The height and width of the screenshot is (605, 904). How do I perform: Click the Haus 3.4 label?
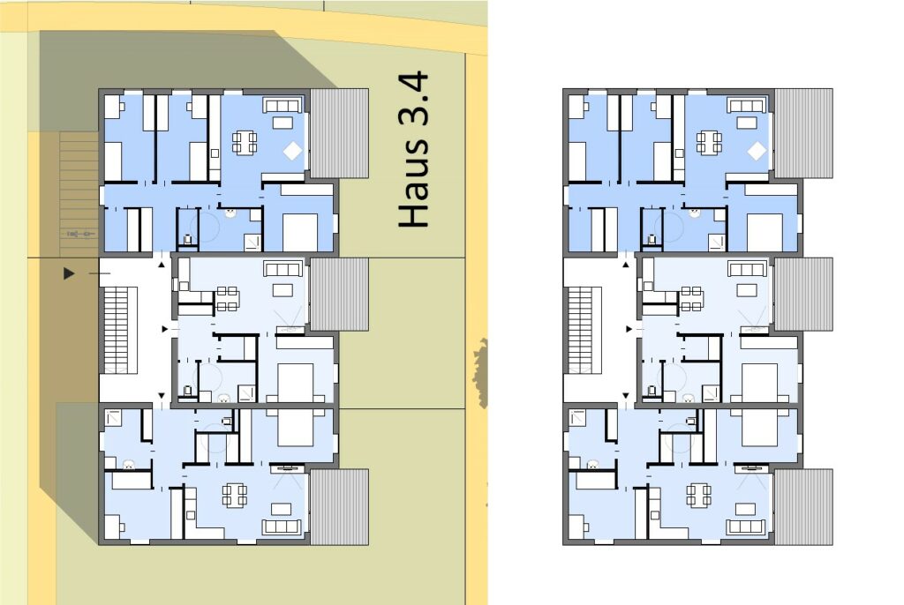click(414, 149)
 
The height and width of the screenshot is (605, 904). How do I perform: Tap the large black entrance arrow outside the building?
click(69, 273)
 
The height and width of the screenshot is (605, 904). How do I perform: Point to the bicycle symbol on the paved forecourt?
click(80, 234)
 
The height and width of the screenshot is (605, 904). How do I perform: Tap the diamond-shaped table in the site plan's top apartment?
click(293, 151)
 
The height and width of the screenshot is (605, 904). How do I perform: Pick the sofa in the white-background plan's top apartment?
click(746, 105)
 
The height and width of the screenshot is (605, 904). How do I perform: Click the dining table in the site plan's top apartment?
click(245, 143)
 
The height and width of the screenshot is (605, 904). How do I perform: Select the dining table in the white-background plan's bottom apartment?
click(699, 495)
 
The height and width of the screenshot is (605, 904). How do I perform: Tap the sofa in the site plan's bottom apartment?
click(282, 527)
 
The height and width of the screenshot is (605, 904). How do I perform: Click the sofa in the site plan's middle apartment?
click(282, 268)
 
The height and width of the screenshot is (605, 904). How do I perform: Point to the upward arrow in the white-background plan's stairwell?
click(626, 265)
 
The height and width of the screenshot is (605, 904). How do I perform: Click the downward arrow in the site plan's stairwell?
click(162, 396)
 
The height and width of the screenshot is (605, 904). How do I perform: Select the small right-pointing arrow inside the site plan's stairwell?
click(165, 329)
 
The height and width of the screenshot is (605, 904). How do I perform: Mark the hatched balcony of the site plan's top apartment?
click(340, 133)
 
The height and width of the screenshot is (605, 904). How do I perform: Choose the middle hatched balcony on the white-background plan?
click(803, 295)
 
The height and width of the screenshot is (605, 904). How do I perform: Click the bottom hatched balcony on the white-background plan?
click(803, 507)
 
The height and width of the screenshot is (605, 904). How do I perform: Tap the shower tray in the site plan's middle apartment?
click(247, 393)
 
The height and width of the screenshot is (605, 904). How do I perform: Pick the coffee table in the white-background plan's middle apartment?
click(747, 289)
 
